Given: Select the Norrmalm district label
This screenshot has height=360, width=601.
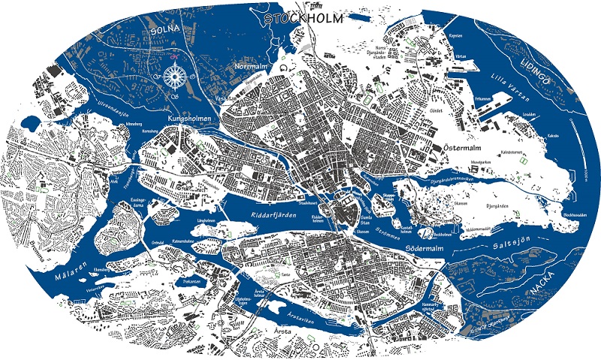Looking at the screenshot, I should point(252,67).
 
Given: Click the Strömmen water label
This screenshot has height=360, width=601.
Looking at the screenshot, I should point(383,222).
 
